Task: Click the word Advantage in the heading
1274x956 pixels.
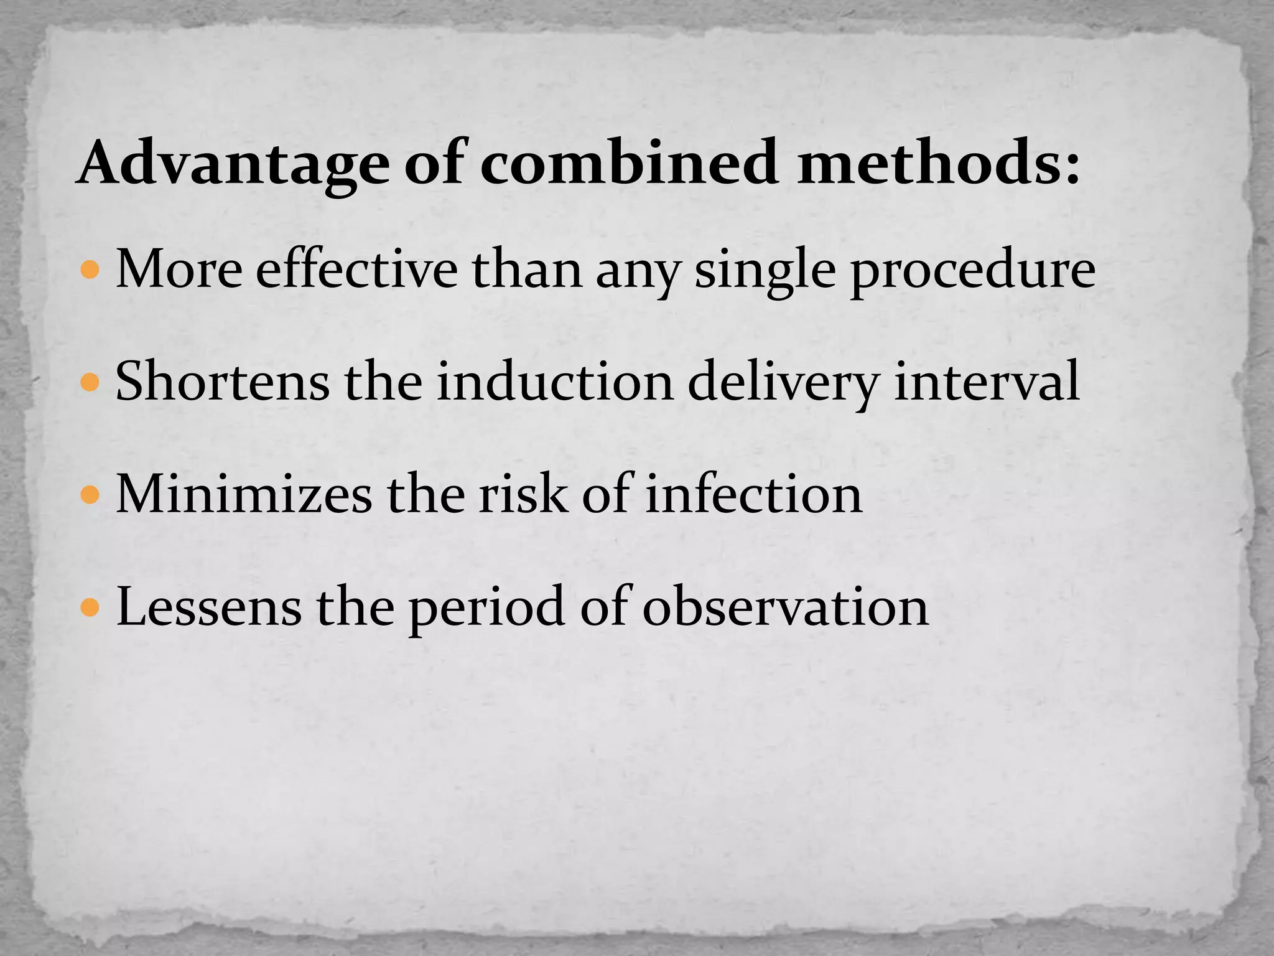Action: click(x=234, y=163)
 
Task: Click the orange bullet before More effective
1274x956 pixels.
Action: click(x=90, y=270)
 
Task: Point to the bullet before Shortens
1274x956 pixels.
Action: click(x=90, y=382)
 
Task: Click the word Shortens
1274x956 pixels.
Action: click(x=222, y=381)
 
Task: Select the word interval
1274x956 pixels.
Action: click(x=986, y=381)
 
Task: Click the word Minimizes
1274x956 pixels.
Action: click(x=244, y=494)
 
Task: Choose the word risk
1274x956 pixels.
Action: click(x=523, y=494)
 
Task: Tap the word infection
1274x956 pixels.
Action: click(x=753, y=494)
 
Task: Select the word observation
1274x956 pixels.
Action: click(x=785, y=606)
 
